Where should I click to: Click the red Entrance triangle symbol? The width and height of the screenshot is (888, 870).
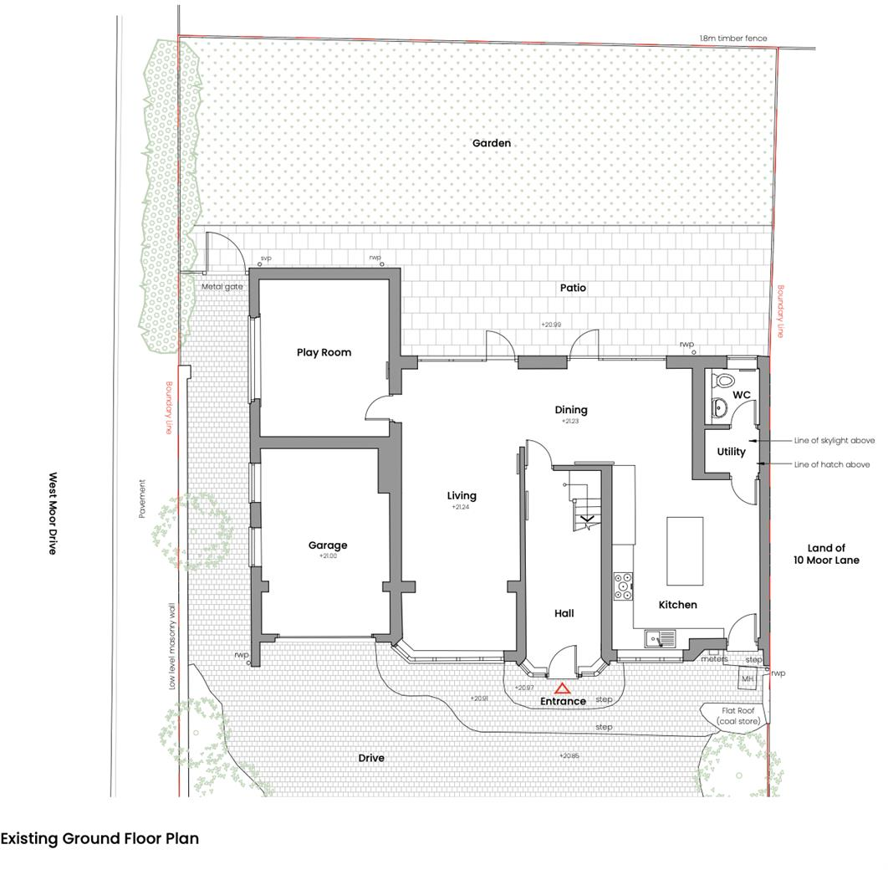(x=563, y=688)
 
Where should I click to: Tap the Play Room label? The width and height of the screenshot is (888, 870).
(x=324, y=352)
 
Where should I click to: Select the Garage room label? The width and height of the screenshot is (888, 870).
(x=327, y=545)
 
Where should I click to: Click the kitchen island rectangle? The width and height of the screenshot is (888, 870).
(x=684, y=550)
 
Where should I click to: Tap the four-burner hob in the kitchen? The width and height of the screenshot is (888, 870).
(x=623, y=586)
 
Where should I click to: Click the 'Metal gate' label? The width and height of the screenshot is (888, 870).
(x=222, y=287)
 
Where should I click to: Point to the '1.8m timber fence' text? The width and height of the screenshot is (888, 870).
(x=732, y=38)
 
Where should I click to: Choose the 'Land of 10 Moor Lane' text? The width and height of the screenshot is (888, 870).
(x=826, y=554)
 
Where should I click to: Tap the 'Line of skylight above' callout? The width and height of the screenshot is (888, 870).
(x=834, y=440)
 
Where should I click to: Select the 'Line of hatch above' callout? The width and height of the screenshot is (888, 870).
(x=831, y=464)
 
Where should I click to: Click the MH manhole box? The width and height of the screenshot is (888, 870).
(x=748, y=678)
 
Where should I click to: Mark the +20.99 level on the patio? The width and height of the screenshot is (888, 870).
(x=550, y=325)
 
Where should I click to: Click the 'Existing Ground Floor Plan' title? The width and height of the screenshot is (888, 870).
(x=100, y=838)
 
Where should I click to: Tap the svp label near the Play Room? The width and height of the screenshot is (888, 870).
(x=266, y=258)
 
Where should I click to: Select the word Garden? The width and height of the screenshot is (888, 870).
(x=491, y=143)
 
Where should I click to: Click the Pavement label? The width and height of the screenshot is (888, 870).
(x=142, y=499)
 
